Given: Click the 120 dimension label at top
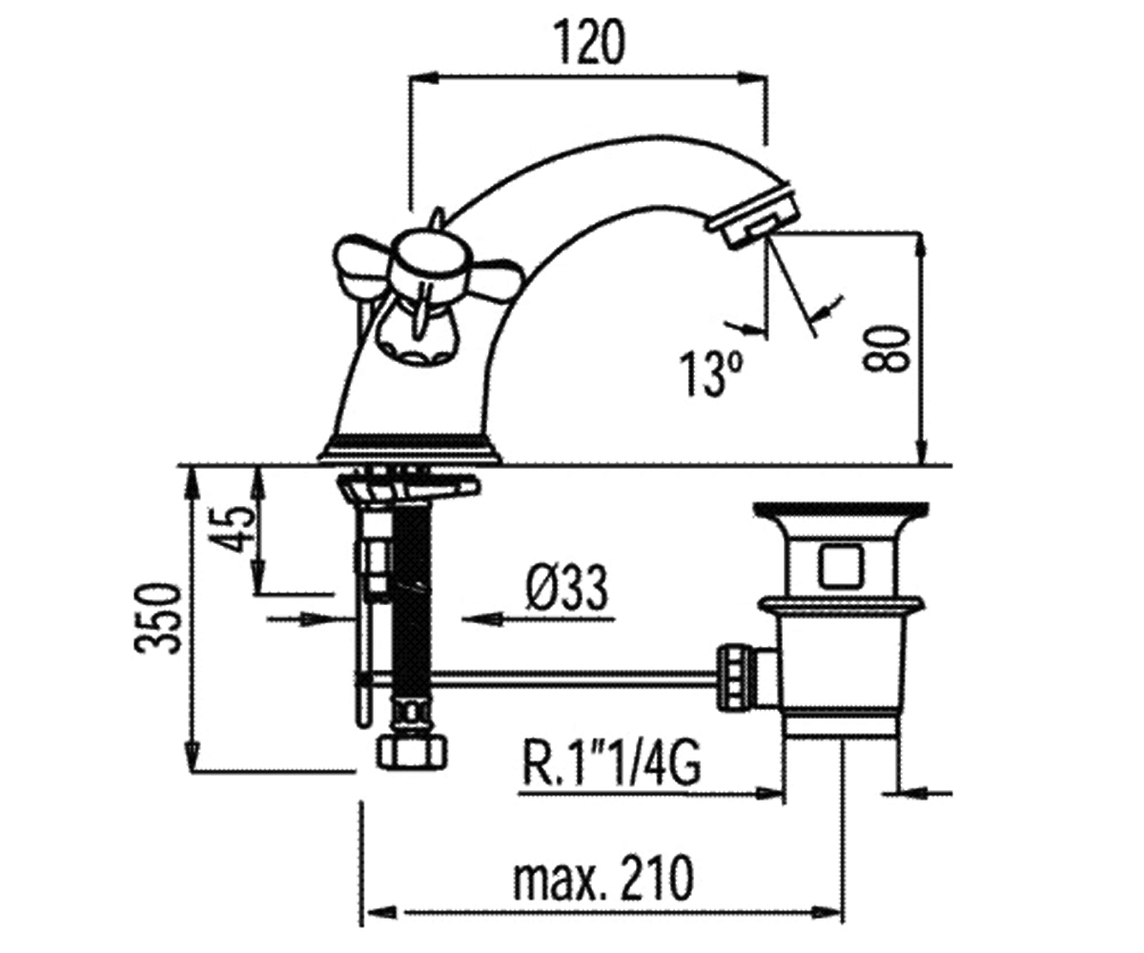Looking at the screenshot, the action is point(589,43).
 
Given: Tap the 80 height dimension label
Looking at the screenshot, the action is point(886,350).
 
